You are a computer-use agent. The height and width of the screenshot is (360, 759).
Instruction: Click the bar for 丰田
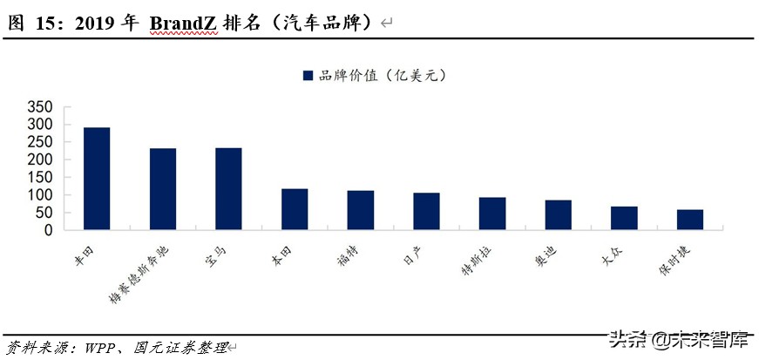97,179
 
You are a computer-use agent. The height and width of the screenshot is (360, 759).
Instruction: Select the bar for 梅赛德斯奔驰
163,189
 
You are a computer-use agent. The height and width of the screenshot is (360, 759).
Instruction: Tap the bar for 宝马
228,189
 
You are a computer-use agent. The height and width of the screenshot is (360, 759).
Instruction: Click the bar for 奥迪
558,215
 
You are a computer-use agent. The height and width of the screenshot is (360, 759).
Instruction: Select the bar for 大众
624,218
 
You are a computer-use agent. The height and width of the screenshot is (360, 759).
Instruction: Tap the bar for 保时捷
689,220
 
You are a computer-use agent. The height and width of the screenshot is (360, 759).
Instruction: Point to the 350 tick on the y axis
40,107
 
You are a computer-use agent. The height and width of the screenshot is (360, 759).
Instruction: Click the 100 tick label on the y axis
40,195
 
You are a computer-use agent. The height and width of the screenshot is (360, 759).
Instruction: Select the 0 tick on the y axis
49,231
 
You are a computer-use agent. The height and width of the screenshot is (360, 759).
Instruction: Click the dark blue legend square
308,76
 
